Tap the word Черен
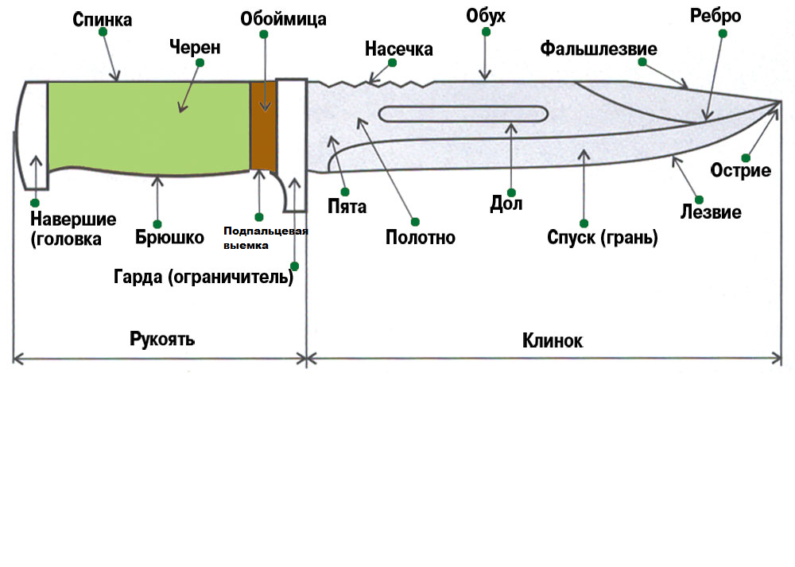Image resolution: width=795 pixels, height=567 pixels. (194, 48)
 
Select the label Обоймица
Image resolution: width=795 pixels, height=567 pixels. (284, 18)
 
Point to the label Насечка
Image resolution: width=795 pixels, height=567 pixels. (398, 49)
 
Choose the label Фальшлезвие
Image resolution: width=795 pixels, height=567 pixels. (599, 49)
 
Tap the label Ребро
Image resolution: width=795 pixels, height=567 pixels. (716, 17)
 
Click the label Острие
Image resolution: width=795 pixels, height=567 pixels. (741, 170)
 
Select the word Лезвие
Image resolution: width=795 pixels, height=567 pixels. (711, 212)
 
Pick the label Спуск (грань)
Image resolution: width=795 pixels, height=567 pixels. (603, 237)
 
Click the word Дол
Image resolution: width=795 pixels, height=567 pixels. (506, 204)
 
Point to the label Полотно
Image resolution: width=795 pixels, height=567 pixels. (420, 237)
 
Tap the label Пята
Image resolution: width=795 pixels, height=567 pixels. (347, 208)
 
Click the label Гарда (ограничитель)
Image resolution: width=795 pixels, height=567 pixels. (204, 278)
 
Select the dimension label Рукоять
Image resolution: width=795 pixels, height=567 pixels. (162, 340)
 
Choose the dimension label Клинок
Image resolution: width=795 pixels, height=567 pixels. (552, 340)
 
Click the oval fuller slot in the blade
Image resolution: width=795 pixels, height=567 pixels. (462, 114)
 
